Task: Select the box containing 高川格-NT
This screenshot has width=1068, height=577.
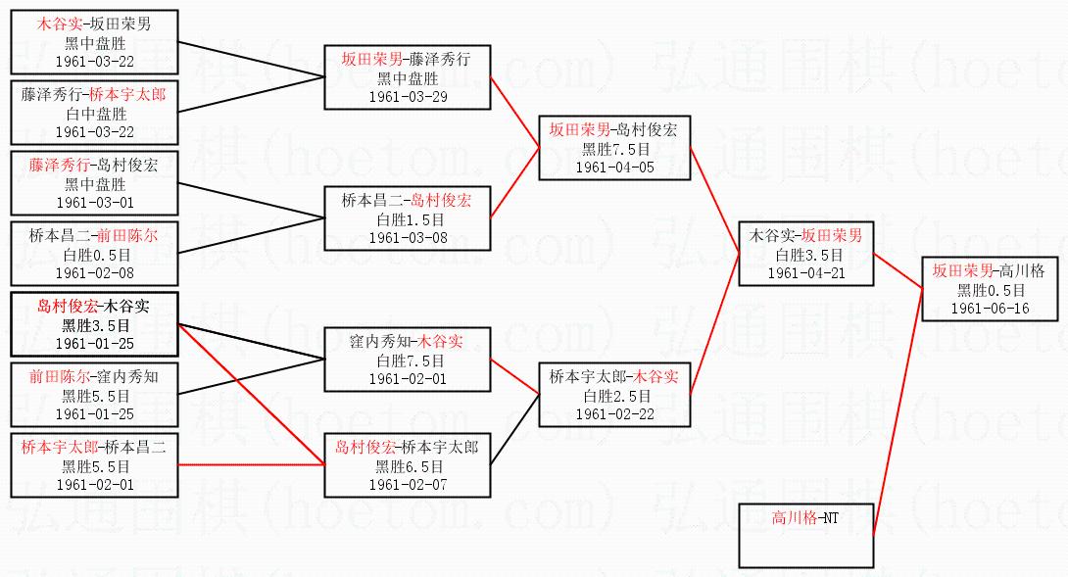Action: pos(805,534)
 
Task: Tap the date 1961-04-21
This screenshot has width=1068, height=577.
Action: pos(805,273)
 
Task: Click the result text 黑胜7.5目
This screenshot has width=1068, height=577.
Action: pos(614,148)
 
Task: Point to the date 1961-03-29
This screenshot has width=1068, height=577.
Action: pos(408,97)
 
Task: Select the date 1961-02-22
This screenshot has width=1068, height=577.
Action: pos(614,414)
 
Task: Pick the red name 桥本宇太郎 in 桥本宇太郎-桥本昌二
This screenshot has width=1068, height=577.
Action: pos(60,447)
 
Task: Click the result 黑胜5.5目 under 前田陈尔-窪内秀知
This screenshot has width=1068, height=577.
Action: pos(95,396)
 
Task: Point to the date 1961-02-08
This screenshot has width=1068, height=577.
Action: pos(95,273)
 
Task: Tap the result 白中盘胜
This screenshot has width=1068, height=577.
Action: pos(95,114)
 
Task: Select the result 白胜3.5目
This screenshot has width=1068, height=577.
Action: pos(805,255)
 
